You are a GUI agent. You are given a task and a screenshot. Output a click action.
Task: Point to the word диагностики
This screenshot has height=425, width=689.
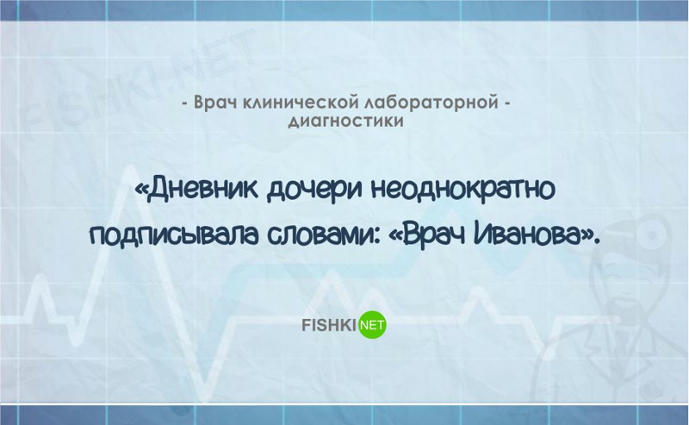click(346, 121)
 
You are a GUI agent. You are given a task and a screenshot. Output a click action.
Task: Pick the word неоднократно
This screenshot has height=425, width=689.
click(463, 189)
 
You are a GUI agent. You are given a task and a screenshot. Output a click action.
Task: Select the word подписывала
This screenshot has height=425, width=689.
click(175, 238)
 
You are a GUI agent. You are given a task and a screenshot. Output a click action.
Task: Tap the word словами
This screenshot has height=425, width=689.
click(321, 238)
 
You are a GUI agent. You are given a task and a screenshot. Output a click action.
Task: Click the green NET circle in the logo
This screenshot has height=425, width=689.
click(373, 325)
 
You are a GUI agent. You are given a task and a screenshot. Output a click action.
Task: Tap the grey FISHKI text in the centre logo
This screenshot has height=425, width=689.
click(329, 326)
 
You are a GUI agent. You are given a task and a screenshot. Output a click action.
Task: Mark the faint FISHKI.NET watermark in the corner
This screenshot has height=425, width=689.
click(136, 84)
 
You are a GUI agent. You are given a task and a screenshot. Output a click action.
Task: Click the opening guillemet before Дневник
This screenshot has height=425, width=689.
click(141, 191)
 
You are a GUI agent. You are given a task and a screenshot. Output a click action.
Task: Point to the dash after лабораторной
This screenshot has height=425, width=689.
click(506, 104)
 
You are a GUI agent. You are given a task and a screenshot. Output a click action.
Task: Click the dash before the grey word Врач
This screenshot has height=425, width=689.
click(185, 104)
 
